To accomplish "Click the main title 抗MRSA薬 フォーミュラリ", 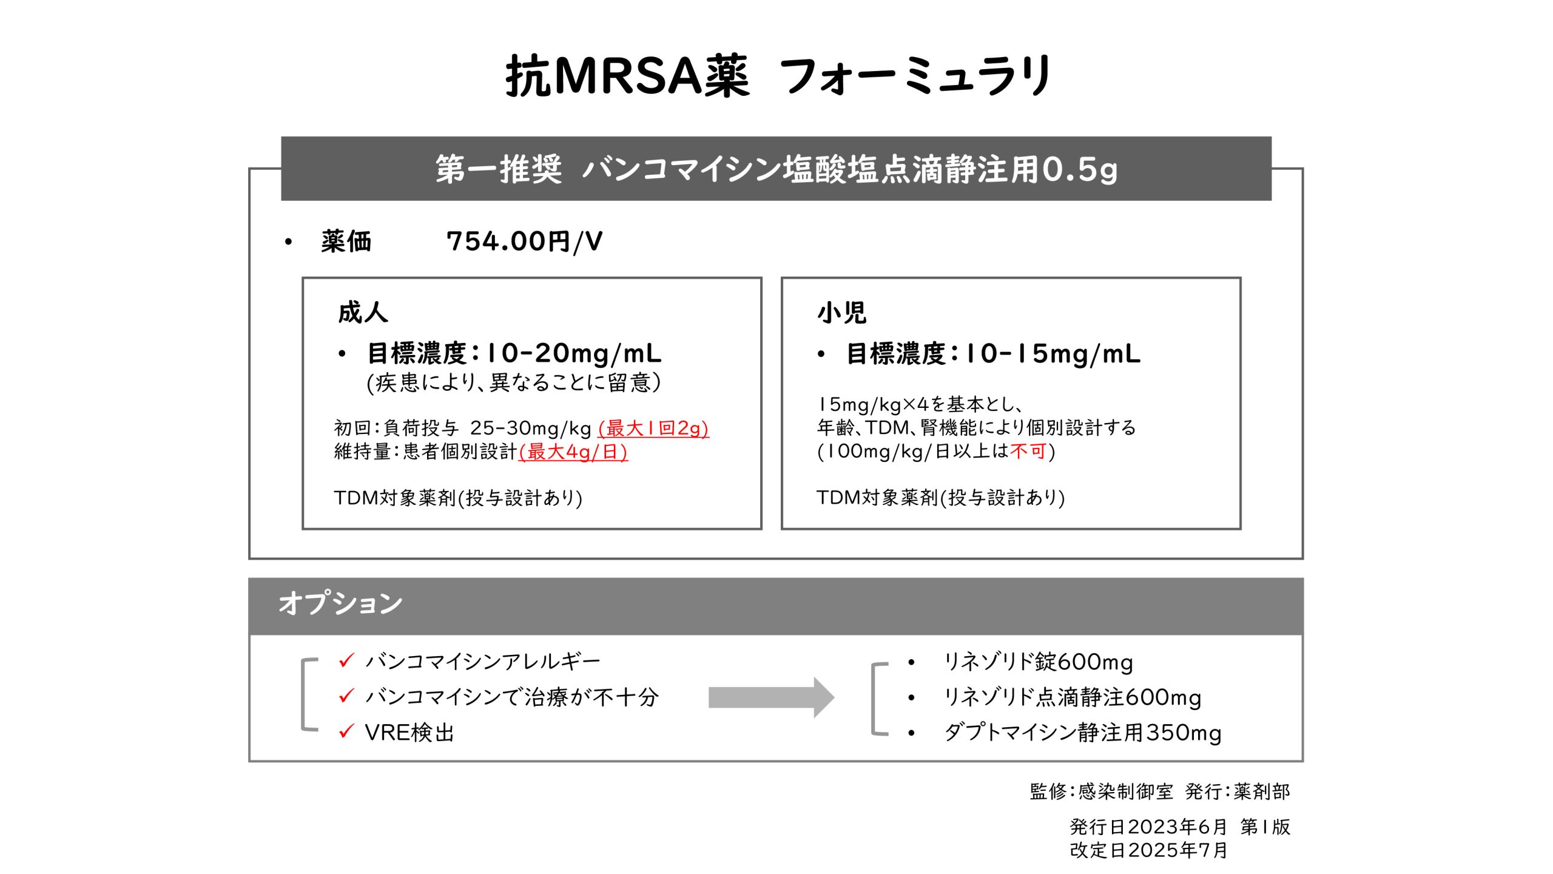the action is point(779,76).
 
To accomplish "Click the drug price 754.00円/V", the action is point(525,242).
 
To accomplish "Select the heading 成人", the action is point(363,313).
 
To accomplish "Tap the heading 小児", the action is point(841,313).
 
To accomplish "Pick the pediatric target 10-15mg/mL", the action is point(1053,353).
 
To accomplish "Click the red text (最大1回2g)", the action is point(653,429).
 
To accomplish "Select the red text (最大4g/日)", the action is point(573,452).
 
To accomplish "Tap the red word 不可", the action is point(1028,451).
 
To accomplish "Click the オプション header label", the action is point(340,603).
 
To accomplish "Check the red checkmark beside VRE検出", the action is point(346,731).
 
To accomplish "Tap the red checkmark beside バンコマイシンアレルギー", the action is point(346,660).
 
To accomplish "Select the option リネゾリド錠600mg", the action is point(1039,662).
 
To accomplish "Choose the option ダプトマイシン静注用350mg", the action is point(1083,733).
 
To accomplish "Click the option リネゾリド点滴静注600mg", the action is point(1073,697).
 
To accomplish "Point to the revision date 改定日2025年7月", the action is point(1148,850).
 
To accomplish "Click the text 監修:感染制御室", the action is point(1101,791).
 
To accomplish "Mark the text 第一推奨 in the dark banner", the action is point(499,169).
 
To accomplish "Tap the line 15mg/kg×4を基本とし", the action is point(920,404).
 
